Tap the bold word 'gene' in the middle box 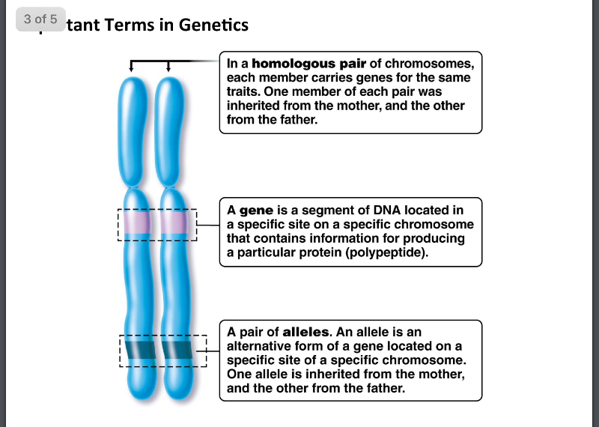pyautogui.click(x=256, y=211)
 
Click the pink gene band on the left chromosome pyautogui.click(x=137, y=224)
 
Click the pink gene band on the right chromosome pyautogui.click(x=173, y=224)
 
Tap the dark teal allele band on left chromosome pyautogui.click(x=138, y=350)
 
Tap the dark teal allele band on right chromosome pyautogui.click(x=177, y=350)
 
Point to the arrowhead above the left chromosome pyautogui.click(x=132, y=69)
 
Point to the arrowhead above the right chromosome pyautogui.click(x=168, y=69)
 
